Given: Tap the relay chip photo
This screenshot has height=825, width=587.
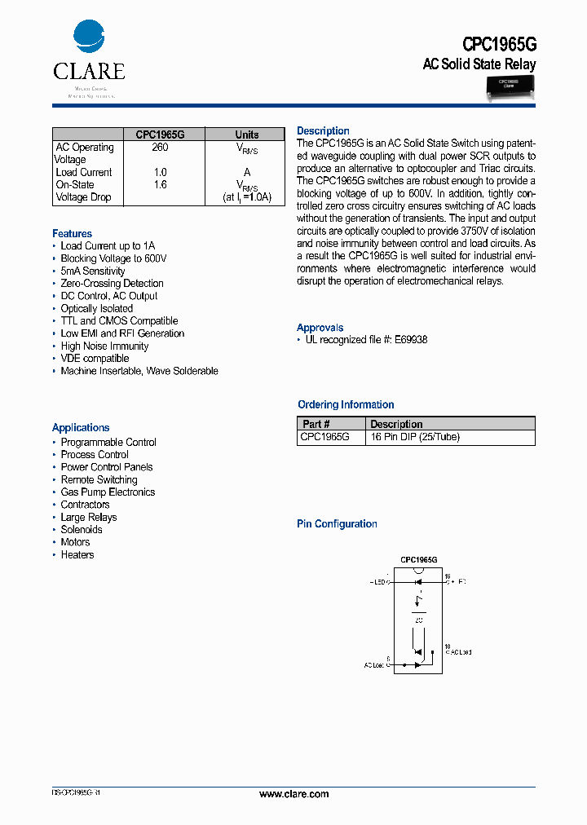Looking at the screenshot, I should point(509,87).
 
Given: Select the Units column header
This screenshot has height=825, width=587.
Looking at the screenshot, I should point(247,135).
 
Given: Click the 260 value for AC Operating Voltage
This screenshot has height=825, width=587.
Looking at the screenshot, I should point(160,148).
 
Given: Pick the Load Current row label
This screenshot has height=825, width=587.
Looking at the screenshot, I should point(84,172).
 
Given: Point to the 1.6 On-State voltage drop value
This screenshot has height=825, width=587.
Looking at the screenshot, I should point(160,185).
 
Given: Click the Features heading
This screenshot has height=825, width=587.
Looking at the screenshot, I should point(72,233).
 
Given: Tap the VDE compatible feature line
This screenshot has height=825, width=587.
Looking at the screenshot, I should point(95,359).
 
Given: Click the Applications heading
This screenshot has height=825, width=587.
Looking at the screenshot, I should point(81,427).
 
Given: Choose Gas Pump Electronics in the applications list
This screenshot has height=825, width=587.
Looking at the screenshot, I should point(108,492).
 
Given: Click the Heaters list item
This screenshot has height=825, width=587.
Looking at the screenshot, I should point(77,555).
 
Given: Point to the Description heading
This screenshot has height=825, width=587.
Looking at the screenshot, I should point(323,130).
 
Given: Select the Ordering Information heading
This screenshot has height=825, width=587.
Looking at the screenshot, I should point(346,404).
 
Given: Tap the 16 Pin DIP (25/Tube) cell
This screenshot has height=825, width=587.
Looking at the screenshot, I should point(415,437).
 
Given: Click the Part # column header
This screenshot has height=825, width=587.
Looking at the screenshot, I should point(316,424).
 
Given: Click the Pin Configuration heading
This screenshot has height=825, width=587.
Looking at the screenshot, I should point(337,524).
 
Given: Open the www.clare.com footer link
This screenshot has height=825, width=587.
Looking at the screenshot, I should point(293,794).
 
